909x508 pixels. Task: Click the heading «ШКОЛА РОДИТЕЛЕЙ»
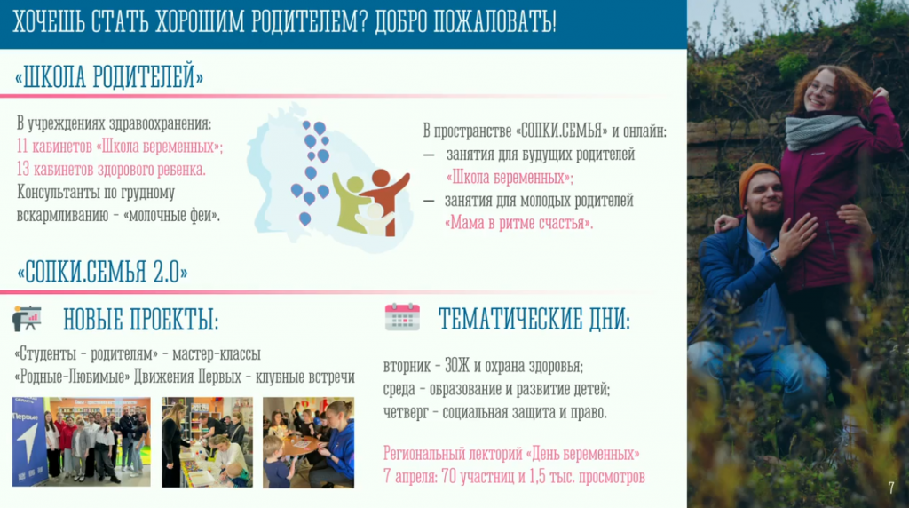point(109,77)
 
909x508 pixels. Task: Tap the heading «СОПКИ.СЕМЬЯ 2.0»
point(102,272)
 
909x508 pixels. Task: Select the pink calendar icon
point(402,317)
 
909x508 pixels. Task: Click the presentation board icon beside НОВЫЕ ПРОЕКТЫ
point(27,318)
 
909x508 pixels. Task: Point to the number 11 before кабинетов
point(22,147)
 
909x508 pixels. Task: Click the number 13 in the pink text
point(22,170)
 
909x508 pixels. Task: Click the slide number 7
point(891,488)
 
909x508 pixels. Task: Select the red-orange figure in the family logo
point(383,197)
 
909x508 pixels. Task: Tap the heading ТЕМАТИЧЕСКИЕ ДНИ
point(534,319)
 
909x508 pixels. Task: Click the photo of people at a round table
point(308,442)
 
